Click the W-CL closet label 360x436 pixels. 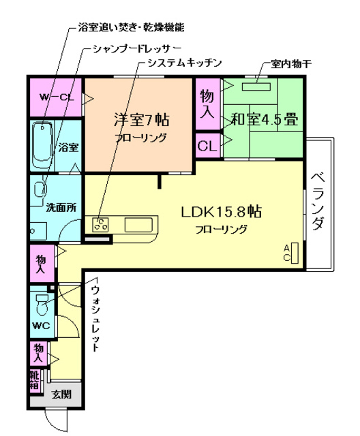coord(56,97)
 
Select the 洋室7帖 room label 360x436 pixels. coord(140,120)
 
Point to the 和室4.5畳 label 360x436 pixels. coord(264,120)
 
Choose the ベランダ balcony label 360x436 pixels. coord(318,201)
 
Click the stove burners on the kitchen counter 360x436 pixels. coord(101,224)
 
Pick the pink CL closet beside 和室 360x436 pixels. coord(207,144)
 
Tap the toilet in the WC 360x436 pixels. coord(42,300)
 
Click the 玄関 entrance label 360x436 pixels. coord(61,393)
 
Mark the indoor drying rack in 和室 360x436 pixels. coord(254,86)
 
